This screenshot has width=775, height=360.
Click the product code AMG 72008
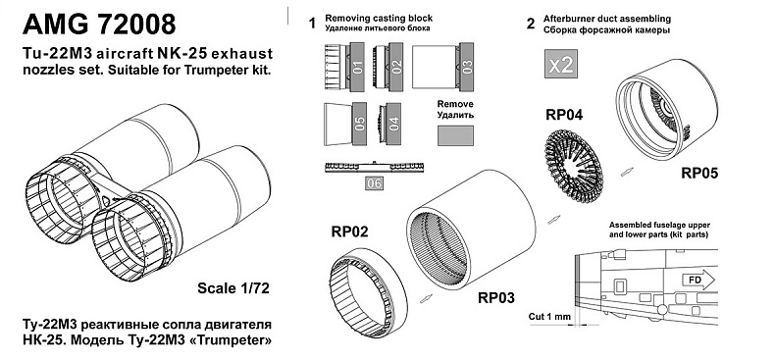point(99,25)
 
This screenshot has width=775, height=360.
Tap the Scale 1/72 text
point(233,287)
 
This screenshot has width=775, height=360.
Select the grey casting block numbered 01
point(357,68)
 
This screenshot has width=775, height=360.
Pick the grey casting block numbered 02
point(396,68)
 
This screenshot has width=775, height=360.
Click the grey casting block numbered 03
point(467,68)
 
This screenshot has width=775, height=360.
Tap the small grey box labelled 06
point(374,183)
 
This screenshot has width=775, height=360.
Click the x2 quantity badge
point(561,64)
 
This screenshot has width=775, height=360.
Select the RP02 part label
point(350,231)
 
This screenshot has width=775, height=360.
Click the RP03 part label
point(495,298)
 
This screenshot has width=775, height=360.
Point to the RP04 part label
point(564,115)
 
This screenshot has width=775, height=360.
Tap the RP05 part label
point(699,173)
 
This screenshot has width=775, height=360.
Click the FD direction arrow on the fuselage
point(697,281)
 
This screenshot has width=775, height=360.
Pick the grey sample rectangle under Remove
point(455,135)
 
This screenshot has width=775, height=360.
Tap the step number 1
point(312,24)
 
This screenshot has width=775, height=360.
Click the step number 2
point(531,24)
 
